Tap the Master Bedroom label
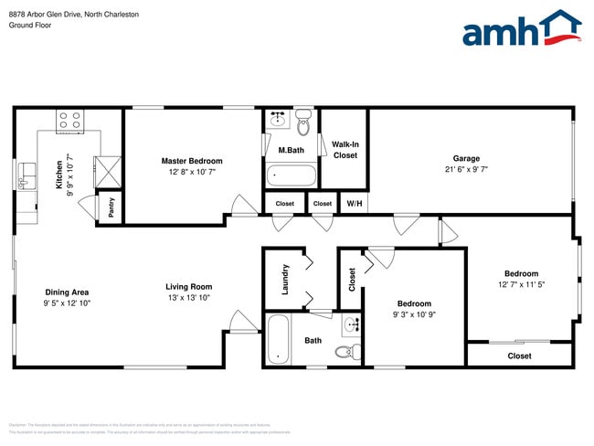(192, 161)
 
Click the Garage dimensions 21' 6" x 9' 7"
(466, 170)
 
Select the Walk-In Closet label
(345, 150)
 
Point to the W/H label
(353, 204)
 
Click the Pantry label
(111, 207)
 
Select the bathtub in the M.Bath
(291, 175)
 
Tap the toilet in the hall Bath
(344, 352)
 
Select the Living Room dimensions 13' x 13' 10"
(188, 298)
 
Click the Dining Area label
(68, 292)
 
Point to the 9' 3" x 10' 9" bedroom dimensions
(414, 315)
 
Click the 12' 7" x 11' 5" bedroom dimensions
(521, 285)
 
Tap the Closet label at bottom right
(519, 356)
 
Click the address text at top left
(73, 15)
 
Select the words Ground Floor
(29, 26)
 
